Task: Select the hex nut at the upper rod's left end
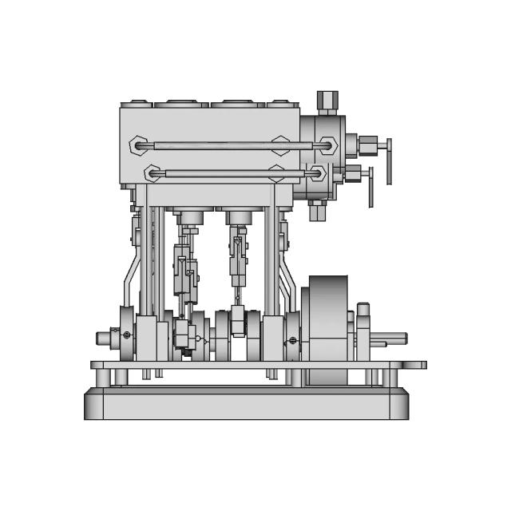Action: click(x=139, y=145)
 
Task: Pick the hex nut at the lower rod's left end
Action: click(x=153, y=172)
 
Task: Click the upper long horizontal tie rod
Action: click(x=232, y=145)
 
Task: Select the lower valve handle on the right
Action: click(x=370, y=186)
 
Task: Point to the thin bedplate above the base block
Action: click(x=255, y=365)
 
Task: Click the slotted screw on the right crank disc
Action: click(x=292, y=342)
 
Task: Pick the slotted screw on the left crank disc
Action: click(x=125, y=334)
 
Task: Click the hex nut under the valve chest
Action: click(x=316, y=208)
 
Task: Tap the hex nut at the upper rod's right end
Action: click(x=326, y=145)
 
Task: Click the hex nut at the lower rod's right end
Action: click(x=317, y=172)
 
